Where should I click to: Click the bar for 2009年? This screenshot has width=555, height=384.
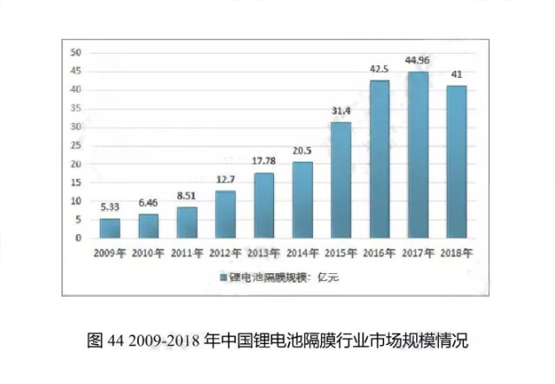click(x=110, y=228)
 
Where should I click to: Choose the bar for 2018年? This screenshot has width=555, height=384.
click(x=456, y=161)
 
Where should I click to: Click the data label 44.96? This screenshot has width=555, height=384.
click(x=418, y=61)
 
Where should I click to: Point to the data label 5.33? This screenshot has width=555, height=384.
click(x=110, y=208)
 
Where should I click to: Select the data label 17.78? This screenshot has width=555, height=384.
click(x=264, y=162)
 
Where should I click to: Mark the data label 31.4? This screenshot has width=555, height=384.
click(x=341, y=112)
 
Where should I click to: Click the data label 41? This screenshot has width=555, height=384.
click(x=456, y=75)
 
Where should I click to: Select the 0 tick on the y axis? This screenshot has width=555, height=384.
click(x=79, y=238)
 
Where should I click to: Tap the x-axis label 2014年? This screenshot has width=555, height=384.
click(x=302, y=253)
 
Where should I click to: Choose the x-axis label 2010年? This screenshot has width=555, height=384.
click(x=148, y=253)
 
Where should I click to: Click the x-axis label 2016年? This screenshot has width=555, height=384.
click(x=379, y=253)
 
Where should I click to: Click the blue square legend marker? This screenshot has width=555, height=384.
click(x=222, y=277)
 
